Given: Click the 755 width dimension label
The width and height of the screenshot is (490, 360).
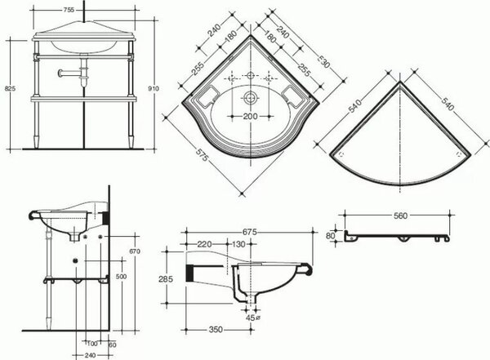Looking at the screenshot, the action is tap(69, 10).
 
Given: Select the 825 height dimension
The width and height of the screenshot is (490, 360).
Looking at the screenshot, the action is tap(10, 88).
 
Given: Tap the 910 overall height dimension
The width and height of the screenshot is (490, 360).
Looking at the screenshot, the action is tap(154, 88).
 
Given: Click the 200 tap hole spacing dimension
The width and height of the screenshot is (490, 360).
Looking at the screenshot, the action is tap(251, 117).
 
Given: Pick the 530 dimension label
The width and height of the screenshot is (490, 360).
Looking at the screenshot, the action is tap(323, 61).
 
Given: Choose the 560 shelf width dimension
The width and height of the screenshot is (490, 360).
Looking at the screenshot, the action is tap(400, 216).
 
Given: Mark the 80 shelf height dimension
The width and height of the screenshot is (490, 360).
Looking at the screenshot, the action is tap(330, 236).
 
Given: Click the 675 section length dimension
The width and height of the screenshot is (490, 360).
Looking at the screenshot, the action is tap(249, 232).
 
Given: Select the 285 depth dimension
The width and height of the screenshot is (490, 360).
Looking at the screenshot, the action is tap(166, 278).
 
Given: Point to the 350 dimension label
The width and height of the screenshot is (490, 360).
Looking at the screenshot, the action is tap(216, 329).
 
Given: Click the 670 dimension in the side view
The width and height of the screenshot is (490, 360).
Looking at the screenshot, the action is tap(135, 251).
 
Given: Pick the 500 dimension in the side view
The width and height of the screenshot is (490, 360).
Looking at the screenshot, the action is tap(121, 277).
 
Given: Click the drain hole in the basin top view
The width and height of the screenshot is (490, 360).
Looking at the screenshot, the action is tap(250, 97).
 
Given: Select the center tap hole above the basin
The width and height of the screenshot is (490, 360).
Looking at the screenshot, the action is tap(251, 75).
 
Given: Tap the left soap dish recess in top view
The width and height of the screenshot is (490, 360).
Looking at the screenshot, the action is tap(206, 95).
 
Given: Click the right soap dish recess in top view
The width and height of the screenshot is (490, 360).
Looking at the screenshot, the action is tap(294, 95).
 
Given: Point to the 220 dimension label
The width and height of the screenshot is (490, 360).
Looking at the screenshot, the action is tap(204, 244).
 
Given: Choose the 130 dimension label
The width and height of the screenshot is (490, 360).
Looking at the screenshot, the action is tap(238, 244).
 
